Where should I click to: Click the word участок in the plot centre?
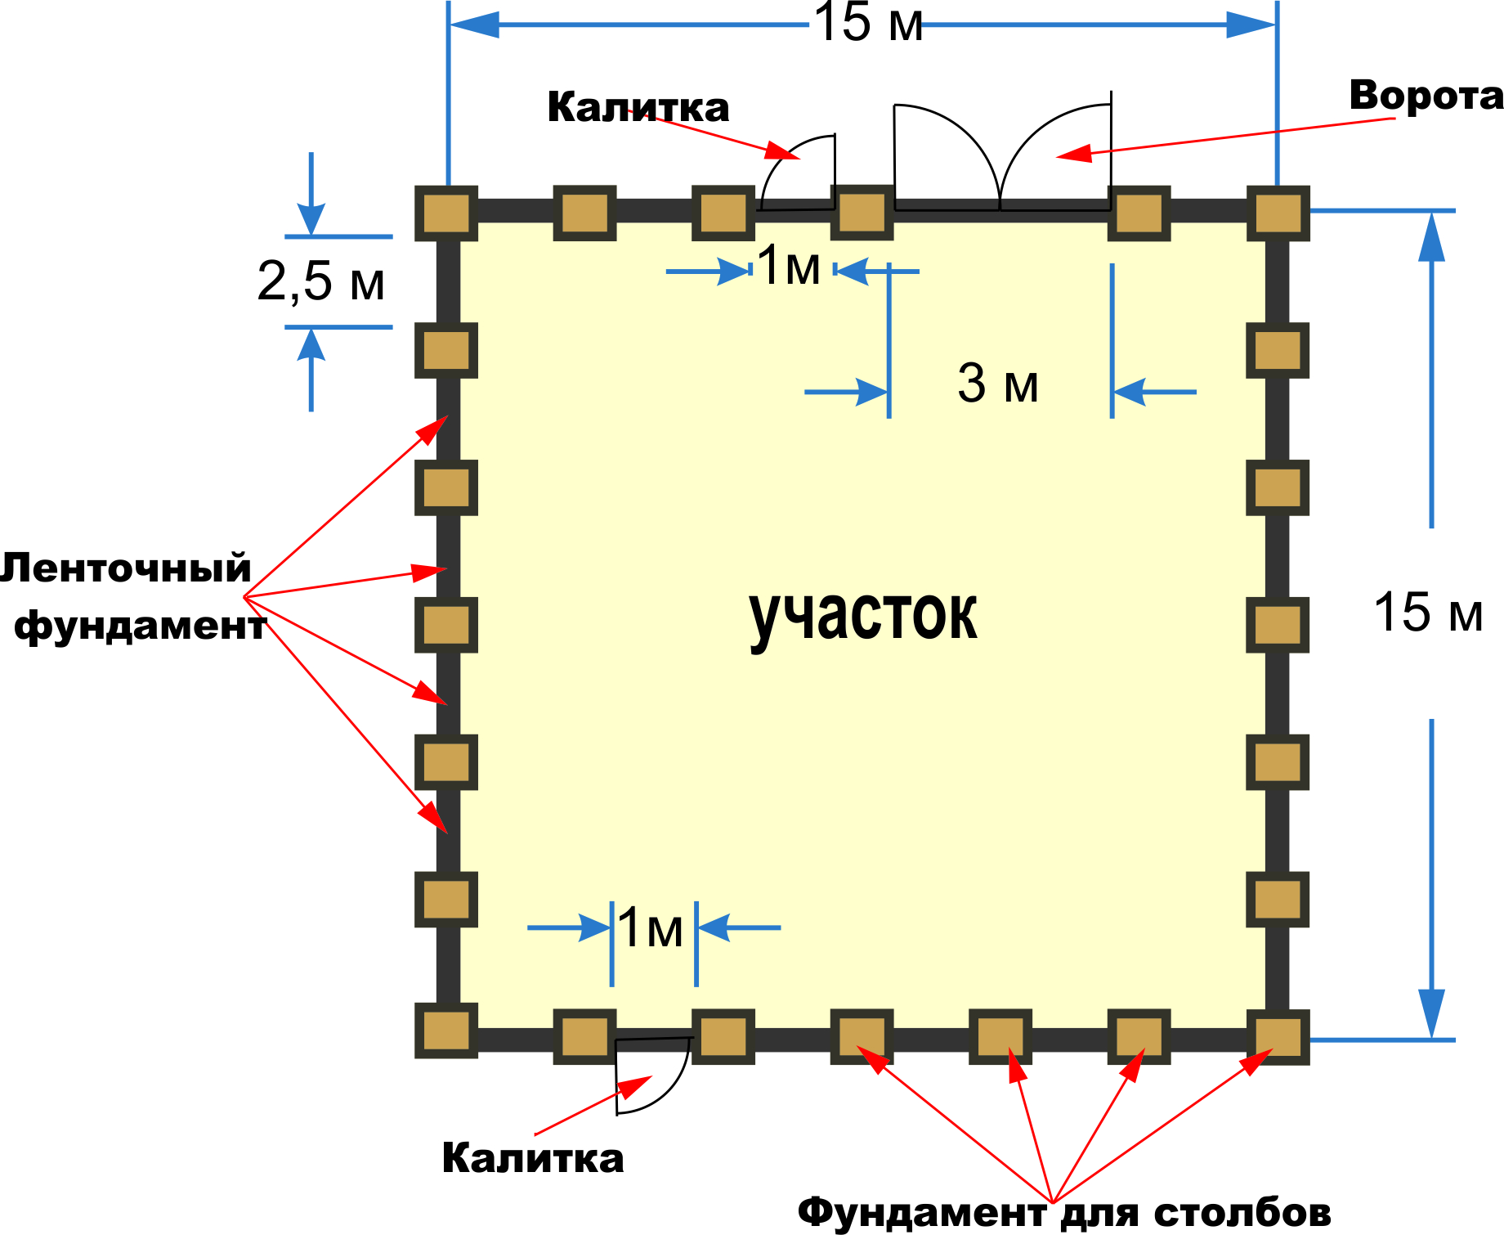point(863,615)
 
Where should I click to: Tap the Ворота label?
point(1426,96)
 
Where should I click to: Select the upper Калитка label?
point(638,107)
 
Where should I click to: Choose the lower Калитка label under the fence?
point(532,1158)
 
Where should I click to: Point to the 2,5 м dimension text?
point(320,281)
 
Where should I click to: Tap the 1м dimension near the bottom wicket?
point(651,928)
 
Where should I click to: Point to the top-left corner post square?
point(446,213)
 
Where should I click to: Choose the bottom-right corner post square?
point(1278,1037)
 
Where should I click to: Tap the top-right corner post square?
point(1278,213)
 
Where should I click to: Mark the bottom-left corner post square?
point(446,1031)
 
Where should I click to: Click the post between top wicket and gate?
point(862,213)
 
